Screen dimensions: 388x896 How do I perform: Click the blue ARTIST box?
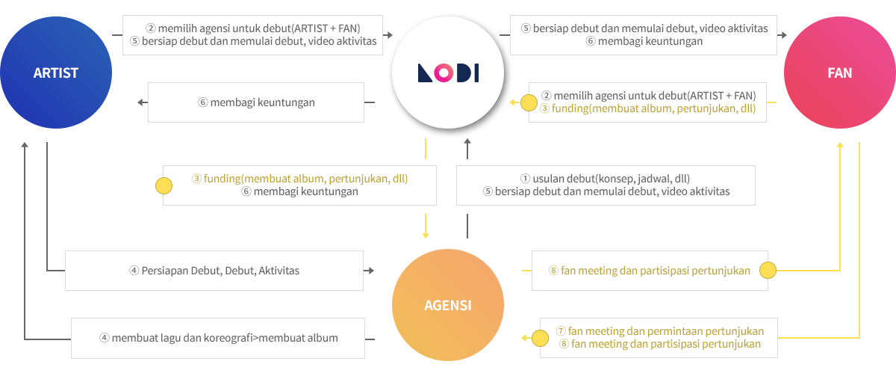coord(56,73)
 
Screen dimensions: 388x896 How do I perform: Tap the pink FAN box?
coord(840,73)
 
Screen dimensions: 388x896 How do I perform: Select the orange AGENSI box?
coord(448,305)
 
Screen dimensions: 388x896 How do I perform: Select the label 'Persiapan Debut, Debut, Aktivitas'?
coord(220,271)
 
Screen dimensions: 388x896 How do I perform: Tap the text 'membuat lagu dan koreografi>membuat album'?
coord(225,338)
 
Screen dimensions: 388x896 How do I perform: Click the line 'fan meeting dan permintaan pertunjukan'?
coord(666,331)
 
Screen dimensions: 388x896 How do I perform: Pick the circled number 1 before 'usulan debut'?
coord(526,179)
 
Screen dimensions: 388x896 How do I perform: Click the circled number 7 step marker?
coord(561,331)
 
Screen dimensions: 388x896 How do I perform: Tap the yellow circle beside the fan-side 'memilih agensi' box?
coord(529,102)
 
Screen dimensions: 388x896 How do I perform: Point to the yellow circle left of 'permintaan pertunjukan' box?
coord(539,338)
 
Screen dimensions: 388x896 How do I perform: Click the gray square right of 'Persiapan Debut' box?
coord(370,271)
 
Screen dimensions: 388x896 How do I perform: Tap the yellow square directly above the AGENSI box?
coord(426,233)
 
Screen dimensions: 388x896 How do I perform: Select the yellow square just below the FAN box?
coord(840,147)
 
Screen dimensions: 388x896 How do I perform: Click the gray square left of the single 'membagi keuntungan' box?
coord(142,102)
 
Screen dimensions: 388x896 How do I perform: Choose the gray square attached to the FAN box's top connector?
coord(783,35)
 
